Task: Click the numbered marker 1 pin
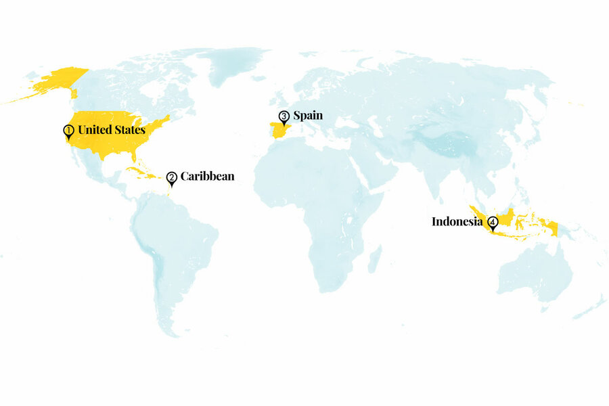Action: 68,131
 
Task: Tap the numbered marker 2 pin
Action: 172,178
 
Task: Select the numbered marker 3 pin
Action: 284,117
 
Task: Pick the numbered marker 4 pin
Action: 492,222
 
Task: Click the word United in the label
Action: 96,129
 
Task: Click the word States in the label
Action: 131,129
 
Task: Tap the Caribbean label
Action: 207,177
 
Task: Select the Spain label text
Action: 308,116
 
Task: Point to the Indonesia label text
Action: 457,221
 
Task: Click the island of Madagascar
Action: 374,258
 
